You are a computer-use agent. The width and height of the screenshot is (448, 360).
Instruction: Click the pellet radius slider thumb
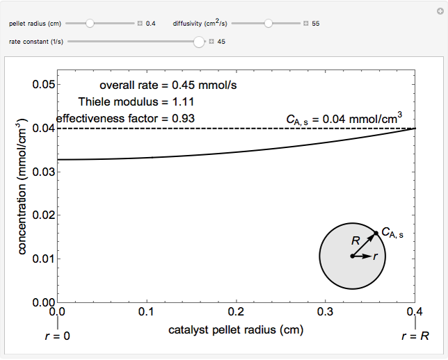click(x=90, y=23)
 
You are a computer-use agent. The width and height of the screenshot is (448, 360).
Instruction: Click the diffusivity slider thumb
click(x=269, y=23)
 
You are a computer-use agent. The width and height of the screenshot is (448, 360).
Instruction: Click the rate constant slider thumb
click(x=199, y=42)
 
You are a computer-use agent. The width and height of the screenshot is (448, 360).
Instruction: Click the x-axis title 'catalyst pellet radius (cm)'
click(x=236, y=329)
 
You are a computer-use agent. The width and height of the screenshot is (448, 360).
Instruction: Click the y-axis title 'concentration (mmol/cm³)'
click(x=22, y=187)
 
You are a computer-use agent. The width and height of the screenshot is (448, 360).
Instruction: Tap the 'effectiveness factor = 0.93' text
click(x=125, y=118)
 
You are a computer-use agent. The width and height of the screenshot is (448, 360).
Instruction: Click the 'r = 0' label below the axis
click(x=58, y=336)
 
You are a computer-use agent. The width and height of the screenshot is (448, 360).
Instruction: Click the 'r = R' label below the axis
click(x=415, y=336)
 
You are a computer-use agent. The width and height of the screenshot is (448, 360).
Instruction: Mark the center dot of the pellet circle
click(x=352, y=256)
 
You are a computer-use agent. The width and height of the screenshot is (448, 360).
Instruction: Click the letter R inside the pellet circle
click(x=355, y=240)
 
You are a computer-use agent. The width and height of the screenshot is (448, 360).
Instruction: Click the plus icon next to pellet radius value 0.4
click(x=140, y=24)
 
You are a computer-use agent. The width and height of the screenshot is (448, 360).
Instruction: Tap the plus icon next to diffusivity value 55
click(x=306, y=24)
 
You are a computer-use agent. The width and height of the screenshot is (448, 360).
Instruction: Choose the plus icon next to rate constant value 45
click(x=211, y=42)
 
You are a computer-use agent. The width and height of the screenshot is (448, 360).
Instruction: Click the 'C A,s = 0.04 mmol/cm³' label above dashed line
click(x=344, y=120)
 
